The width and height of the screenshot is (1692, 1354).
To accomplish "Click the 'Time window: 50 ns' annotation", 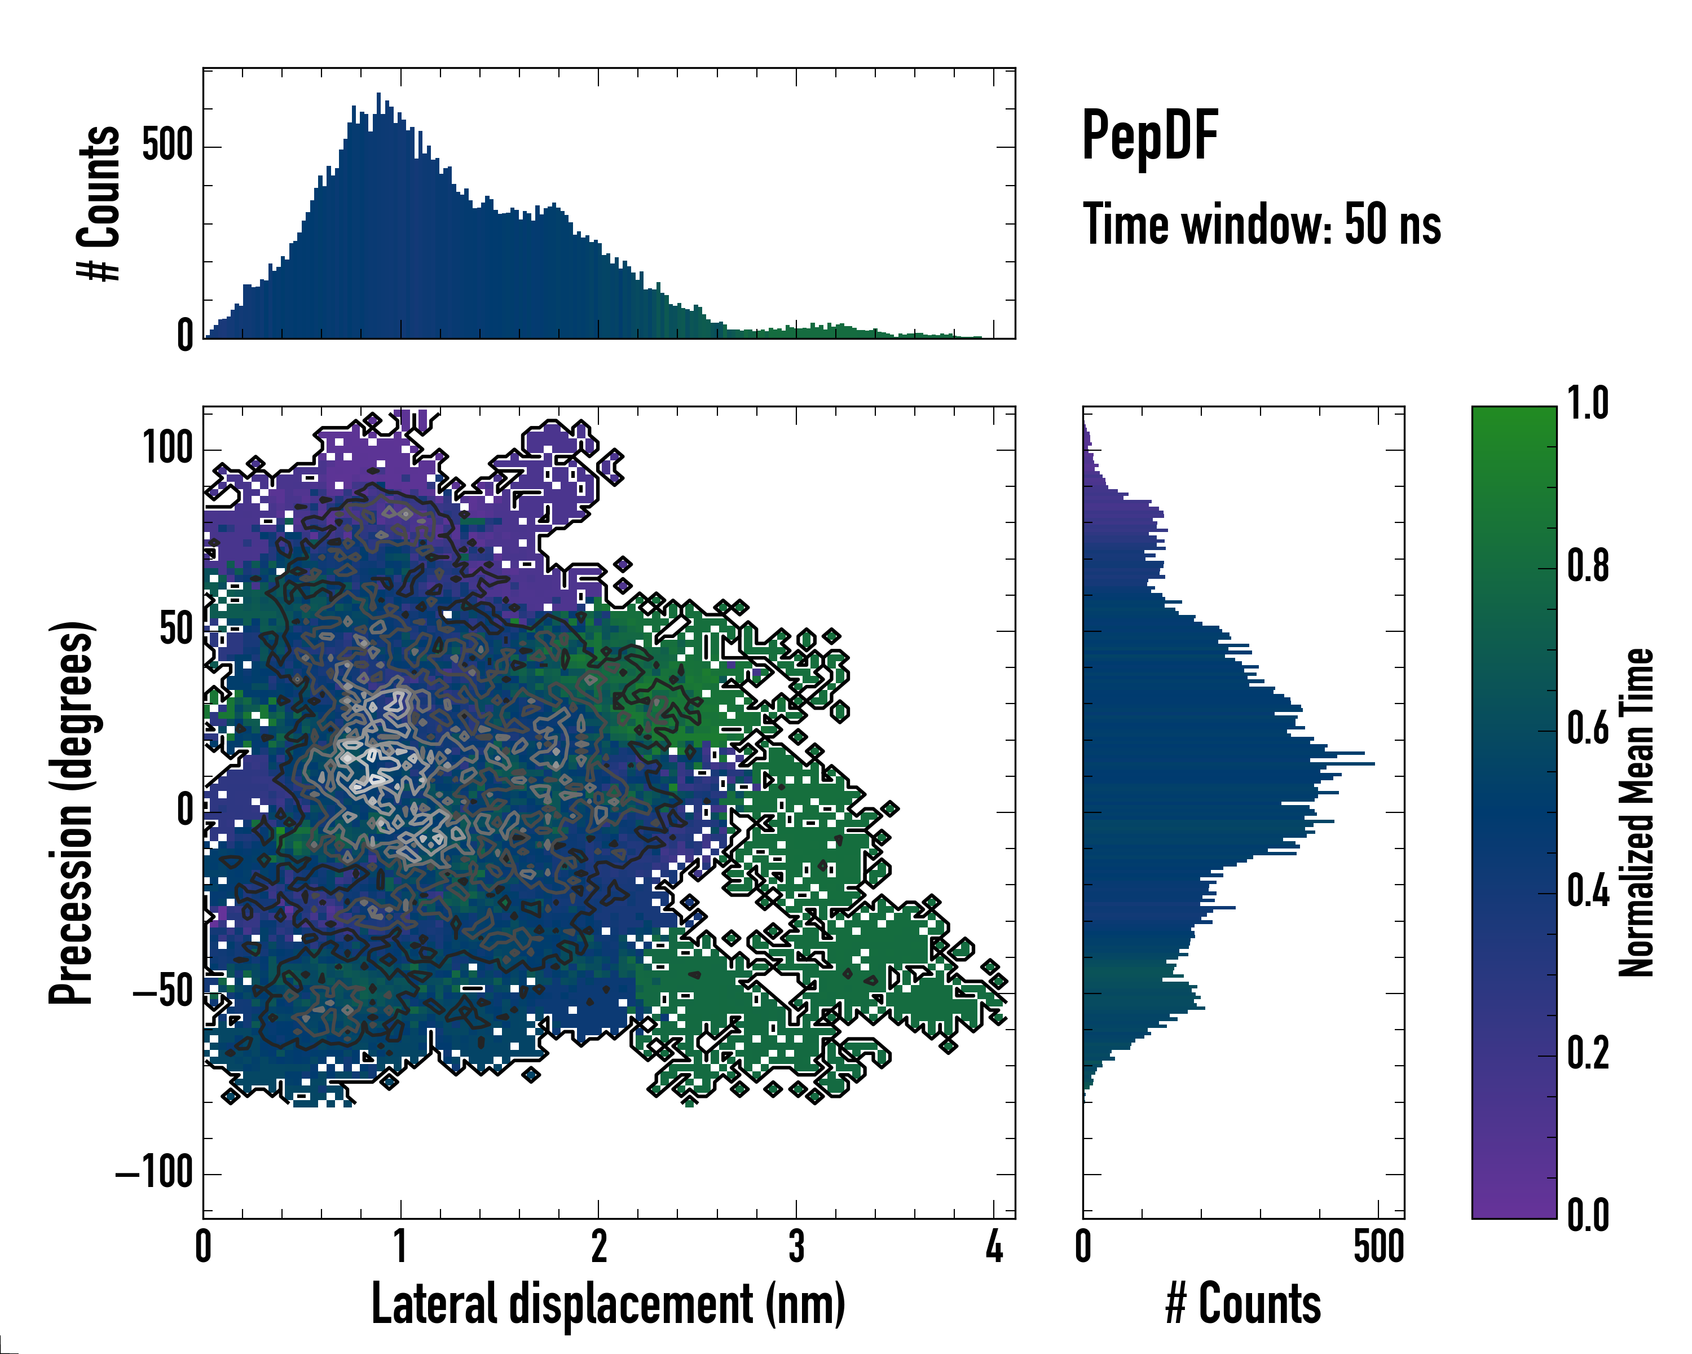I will pyautogui.click(x=1261, y=225).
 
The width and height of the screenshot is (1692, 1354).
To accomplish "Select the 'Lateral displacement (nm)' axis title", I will pyautogui.click(x=608, y=1304).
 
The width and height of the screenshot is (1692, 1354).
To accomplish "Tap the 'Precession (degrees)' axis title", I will pyautogui.click(x=72, y=812).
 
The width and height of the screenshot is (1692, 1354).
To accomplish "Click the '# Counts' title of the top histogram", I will pyautogui.click(x=100, y=203).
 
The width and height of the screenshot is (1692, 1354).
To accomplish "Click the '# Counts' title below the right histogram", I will pyautogui.click(x=1243, y=1304).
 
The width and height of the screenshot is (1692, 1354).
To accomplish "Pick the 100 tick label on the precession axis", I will pyautogui.click(x=167, y=449).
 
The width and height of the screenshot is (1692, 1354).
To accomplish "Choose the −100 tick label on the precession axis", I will pyautogui.click(x=155, y=1173).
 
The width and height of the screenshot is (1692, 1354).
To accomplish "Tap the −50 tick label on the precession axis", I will pyautogui.click(x=162, y=993).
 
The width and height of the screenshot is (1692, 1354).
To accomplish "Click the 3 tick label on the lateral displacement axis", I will pyautogui.click(x=796, y=1246).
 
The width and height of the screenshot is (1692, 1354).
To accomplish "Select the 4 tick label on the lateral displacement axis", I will pyautogui.click(x=994, y=1246).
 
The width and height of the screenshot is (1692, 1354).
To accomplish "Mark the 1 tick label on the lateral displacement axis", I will pyautogui.click(x=401, y=1246).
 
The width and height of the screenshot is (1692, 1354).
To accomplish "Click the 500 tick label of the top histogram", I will pyautogui.click(x=167, y=146).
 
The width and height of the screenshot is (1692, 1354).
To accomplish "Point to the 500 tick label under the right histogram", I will pyautogui.click(x=1379, y=1246).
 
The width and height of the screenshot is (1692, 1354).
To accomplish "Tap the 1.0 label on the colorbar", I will pyautogui.click(x=1588, y=405).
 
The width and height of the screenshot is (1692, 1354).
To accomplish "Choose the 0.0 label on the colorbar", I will pyautogui.click(x=1588, y=1216).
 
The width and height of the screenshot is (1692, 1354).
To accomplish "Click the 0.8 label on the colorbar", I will pyautogui.click(x=1588, y=567).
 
